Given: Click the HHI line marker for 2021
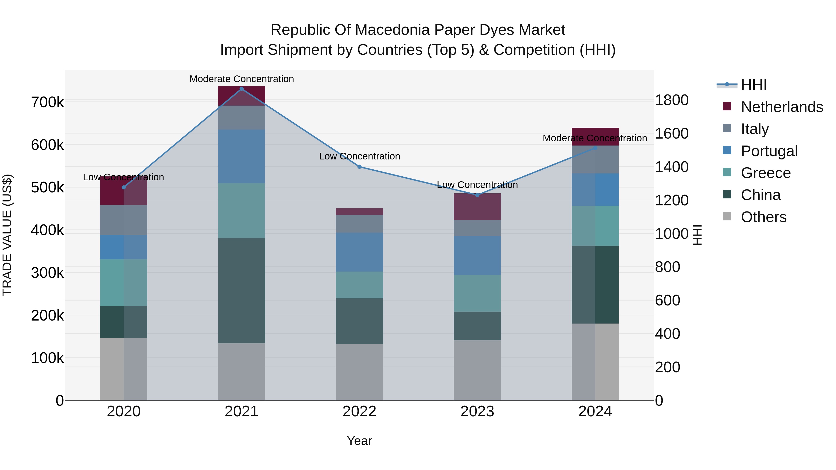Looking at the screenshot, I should click(242, 89).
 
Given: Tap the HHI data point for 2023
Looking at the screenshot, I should click(477, 195).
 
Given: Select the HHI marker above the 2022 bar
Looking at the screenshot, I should click(359, 167).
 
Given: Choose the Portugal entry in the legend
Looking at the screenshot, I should click(769, 151).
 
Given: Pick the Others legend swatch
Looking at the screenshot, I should click(727, 216).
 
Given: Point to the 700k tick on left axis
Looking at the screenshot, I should click(47, 103).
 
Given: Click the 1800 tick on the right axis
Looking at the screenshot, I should click(671, 100).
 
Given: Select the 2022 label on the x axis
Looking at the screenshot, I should click(359, 412).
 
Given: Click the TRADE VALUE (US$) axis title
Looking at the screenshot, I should click(7, 235).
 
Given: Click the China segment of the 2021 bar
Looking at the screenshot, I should click(242, 290).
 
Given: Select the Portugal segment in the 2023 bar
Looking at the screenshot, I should click(477, 255).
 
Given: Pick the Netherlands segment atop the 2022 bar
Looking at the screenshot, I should click(359, 211).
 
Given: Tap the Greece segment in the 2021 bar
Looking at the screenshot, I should click(242, 211).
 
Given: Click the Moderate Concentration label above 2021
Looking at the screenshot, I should click(242, 79).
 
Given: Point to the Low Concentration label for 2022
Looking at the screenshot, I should click(359, 156).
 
